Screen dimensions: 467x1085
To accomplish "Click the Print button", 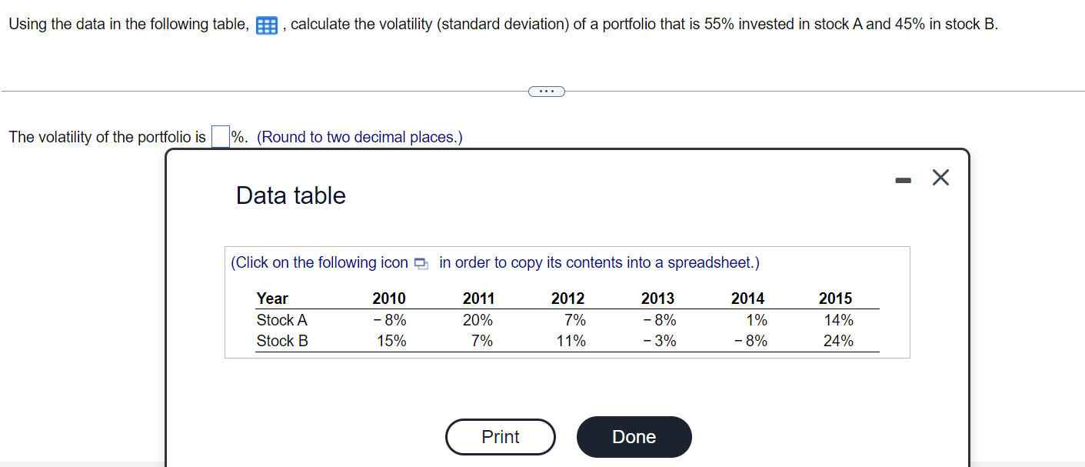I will coord(500,437).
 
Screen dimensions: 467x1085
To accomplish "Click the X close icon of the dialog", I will coord(940,178).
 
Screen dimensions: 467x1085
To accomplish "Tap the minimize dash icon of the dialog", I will coord(903,180).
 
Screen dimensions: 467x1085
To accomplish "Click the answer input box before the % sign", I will coord(220,137).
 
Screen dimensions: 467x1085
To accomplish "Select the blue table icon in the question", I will coord(266,25).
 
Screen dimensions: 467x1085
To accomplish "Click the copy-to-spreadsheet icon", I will coord(420,263).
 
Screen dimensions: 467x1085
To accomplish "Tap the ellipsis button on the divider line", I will coord(546,92).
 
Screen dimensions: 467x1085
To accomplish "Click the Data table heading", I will coord(291,195).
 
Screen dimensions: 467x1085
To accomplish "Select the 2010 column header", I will coord(389,299).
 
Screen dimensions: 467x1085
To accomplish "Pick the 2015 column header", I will coord(835,299).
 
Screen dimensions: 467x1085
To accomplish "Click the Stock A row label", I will coord(281,320).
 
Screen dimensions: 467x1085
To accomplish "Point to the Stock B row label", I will coord(282,341).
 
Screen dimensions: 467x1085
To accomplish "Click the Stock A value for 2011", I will coord(478,320).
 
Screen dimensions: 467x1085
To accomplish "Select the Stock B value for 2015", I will coord(837,341).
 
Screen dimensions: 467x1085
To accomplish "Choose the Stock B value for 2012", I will coord(571,341).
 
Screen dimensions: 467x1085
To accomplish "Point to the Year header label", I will coord(272,299).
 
